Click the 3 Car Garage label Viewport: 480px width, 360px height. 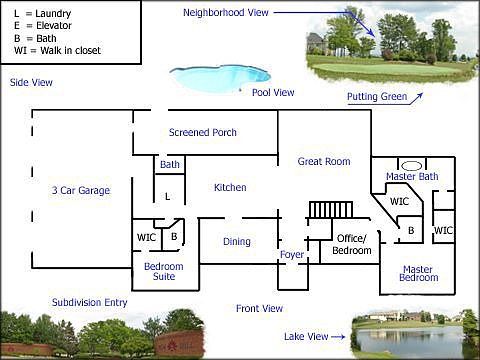click(x=80, y=190)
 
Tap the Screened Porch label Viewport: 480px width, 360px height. click(x=202, y=132)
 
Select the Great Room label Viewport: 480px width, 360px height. click(x=324, y=161)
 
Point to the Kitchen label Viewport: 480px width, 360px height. click(x=230, y=187)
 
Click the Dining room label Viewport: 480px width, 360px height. click(x=237, y=241)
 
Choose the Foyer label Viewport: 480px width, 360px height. click(x=292, y=254)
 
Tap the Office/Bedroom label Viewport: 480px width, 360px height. click(x=351, y=243)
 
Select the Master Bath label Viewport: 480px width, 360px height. click(x=412, y=177)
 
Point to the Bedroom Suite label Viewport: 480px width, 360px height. click(x=163, y=271)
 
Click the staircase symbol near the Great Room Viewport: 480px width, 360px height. click(x=326, y=209)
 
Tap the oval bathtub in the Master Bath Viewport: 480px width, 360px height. click(x=411, y=164)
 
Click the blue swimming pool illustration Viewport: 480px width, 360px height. click(x=220, y=76)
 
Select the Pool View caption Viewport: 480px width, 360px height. click(x=273, y=92)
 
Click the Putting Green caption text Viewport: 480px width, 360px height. click(x=378, y=97)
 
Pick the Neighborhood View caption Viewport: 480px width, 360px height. click(x=225, y=13)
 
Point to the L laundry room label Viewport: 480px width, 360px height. click(x=167, y=197)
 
